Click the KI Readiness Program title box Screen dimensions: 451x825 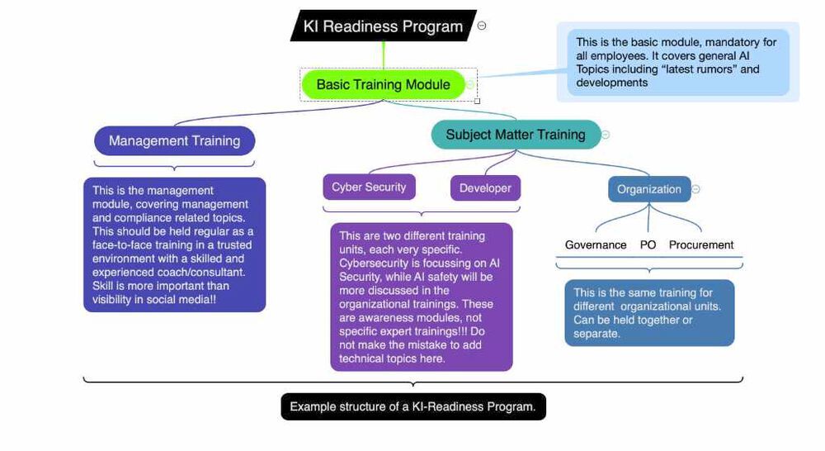coord(383,26)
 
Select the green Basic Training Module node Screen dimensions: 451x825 coord(383,84)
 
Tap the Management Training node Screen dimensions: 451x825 coord(174,140)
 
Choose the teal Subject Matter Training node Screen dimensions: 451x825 coord(515,135)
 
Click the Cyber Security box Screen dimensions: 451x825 coord(369,187)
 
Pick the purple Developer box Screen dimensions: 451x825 coord(485,188)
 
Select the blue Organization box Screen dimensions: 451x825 coord(648,189)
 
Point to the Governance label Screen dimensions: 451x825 coord(595,244)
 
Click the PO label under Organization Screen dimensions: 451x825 coord(648,244)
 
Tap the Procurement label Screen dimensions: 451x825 coord(700,244)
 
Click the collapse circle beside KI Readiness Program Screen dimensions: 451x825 coord(482,26)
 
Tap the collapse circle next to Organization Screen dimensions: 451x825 coord(695,189)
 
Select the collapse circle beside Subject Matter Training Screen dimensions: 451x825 coord(606,135)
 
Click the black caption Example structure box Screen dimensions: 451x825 coord(412,406)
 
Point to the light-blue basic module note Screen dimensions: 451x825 coord(677,62)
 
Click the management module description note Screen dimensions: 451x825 coord(174,244)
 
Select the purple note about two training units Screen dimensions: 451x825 coord(421,297)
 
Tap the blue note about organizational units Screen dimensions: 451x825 coord(648,313)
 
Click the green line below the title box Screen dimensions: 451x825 coord(383,55)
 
